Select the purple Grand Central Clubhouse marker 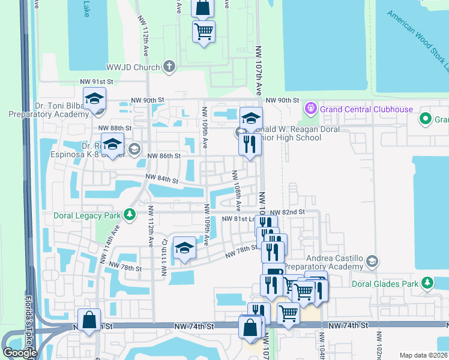tap(311, 109)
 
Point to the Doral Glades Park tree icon tap(427, 282)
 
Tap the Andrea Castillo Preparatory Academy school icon tap(372, 260)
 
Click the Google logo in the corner tap(20, 353)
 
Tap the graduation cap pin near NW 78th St tap(184, 248)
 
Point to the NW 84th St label tap(162, 179)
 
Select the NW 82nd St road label tap(288, 212)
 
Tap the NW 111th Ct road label tap(163, 257)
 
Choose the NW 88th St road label tap(114, 128)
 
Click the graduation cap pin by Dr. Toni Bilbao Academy tap(94, 99)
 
